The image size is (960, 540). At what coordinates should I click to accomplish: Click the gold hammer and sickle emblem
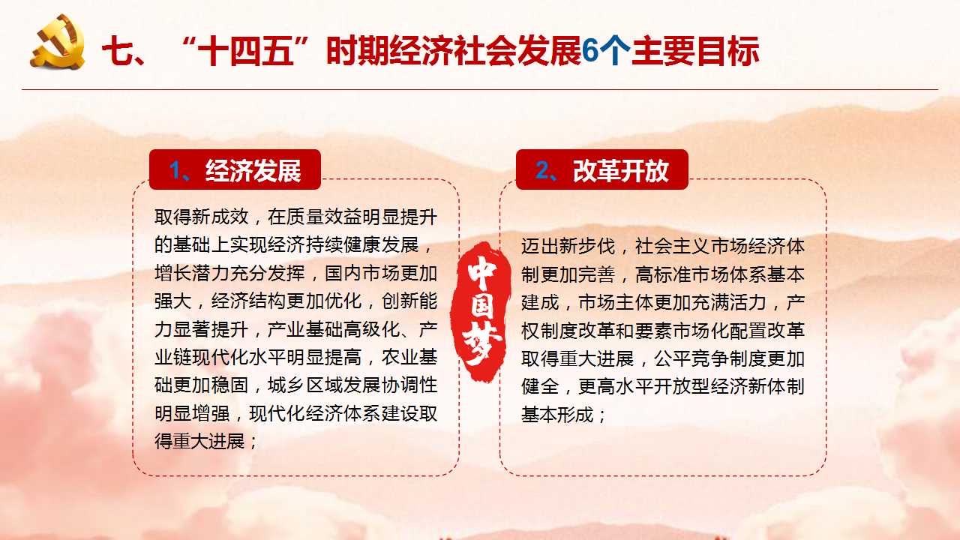[58, 41]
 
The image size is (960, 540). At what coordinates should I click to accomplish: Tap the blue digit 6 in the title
[590, 51]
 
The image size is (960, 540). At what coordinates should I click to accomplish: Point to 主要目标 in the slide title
[695, 52]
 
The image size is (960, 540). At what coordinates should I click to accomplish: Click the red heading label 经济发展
[253, 170]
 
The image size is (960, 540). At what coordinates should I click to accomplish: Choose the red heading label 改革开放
[620, 170]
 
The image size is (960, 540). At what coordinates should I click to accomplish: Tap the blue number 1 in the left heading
[175, 169]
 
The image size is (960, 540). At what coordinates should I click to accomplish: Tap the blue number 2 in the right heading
[542, 169]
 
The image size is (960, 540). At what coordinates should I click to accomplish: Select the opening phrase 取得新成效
[202, 217]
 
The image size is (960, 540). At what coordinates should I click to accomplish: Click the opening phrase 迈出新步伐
[568, 247]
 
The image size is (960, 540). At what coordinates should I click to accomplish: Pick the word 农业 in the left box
[400, 358]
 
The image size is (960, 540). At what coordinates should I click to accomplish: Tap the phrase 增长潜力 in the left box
[192, 273]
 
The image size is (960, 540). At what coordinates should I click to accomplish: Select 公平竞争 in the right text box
[691, 358]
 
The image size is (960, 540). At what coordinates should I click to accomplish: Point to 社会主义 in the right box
[672, 247]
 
